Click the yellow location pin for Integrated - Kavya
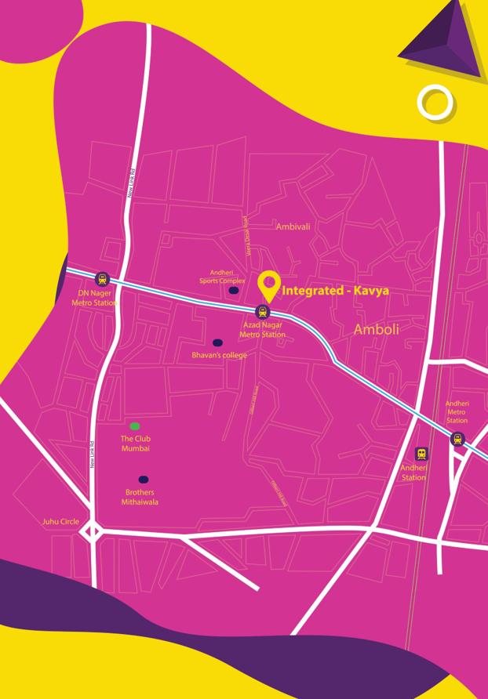[269, 283]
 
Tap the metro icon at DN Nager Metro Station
[101, 279]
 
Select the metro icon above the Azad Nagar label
[263, 311]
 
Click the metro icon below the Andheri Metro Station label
[457, 439]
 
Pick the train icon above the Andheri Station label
[421, 455]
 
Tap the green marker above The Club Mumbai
[135, 426]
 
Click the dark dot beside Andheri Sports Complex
[233, 291]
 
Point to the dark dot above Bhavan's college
[217, 342]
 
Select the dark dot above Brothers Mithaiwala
[144, 480]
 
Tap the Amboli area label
[376, 330]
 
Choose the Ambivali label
[293, 226]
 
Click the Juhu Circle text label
[60, 521]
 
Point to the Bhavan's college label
[219, 356]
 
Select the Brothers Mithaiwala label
[140, 497]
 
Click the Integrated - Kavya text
[335, 291]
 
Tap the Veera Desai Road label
[246, 236]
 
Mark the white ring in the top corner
[435, 102]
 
